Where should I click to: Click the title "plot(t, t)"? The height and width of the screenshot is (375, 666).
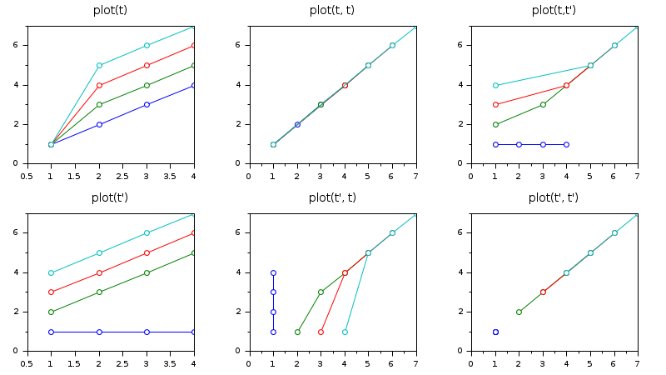[332, 10]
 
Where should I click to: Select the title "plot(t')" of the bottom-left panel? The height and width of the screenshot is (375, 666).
[110, 197]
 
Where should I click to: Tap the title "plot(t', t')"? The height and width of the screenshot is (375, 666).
[554, 197]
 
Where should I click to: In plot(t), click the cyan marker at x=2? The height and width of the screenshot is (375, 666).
[99, 65]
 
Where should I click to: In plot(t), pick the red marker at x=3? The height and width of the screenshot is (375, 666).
[147, 65]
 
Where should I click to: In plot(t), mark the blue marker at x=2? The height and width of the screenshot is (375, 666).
[99, 124]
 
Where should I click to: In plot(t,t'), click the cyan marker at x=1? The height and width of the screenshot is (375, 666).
[495, 85]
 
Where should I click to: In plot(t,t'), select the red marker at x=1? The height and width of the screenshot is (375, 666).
[495, 104]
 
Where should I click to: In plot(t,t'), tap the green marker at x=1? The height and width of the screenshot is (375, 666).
[495, 124]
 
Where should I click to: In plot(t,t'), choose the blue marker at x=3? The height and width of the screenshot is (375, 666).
[543, 144]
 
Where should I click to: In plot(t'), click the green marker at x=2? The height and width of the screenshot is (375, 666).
[99, 292]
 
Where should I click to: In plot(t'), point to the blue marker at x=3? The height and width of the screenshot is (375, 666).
[147, 332]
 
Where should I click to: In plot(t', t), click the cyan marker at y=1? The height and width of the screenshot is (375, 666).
[345, 332]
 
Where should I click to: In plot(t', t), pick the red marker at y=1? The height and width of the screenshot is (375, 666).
[321, 332]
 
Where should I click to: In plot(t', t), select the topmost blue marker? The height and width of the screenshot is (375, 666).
[273, 272]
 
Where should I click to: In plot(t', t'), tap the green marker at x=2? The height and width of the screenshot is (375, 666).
[519, 312]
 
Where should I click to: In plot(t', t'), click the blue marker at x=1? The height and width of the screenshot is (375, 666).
[495, 332]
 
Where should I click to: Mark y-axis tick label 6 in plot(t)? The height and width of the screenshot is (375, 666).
[18, 45]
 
